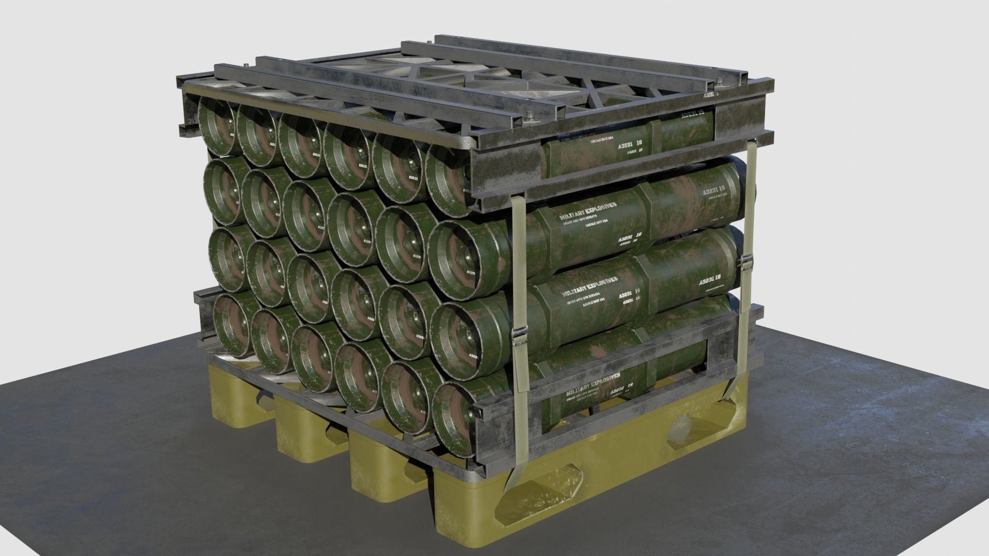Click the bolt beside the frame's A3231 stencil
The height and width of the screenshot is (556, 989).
click(717, 81)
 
